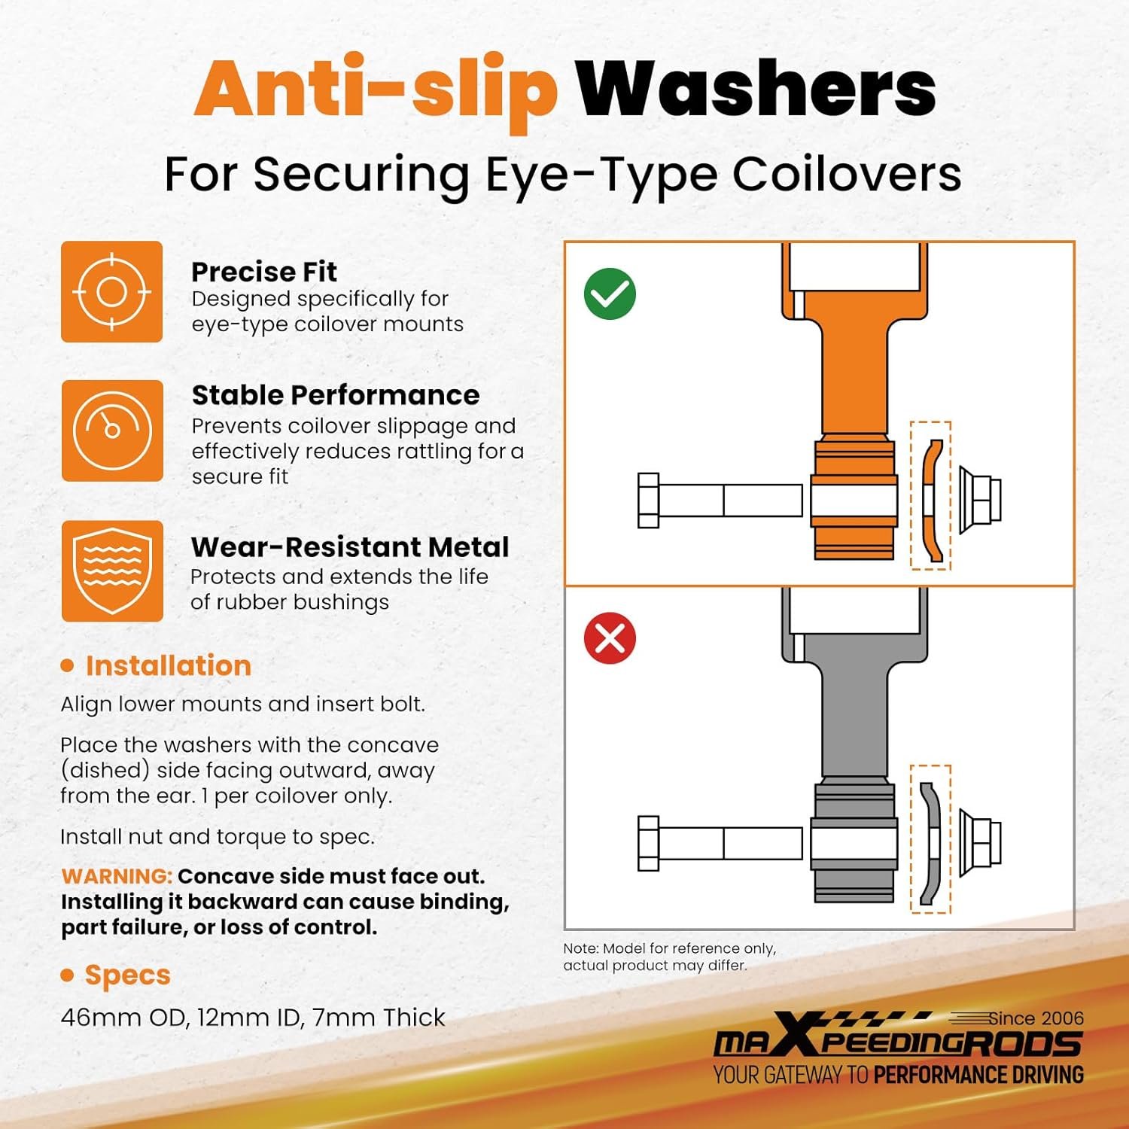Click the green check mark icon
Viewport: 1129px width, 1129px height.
coord(610,294)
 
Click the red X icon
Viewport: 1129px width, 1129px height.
coord(610,638)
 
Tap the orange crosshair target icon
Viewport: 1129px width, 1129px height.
coord(111,291)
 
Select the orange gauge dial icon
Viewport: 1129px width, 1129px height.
coord(112,431)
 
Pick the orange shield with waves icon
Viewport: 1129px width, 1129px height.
coord(112,571)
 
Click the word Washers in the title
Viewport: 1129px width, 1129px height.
coord(756,89)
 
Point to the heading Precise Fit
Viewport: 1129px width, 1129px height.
coord(263,271)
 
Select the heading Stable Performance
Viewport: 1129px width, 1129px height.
coord(335,395)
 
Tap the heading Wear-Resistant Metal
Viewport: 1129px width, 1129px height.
coord(350,546)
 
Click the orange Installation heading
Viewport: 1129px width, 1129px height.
coord(168,665)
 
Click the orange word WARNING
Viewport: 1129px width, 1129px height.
coord(117,876)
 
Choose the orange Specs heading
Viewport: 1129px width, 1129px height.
coord(127,975)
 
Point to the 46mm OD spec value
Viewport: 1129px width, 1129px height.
coord(124,1018)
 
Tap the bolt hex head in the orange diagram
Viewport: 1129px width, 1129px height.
coord(648,501)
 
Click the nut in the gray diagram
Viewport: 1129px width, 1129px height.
coord(980,843)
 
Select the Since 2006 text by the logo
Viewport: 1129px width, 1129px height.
coord(1036,1018)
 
